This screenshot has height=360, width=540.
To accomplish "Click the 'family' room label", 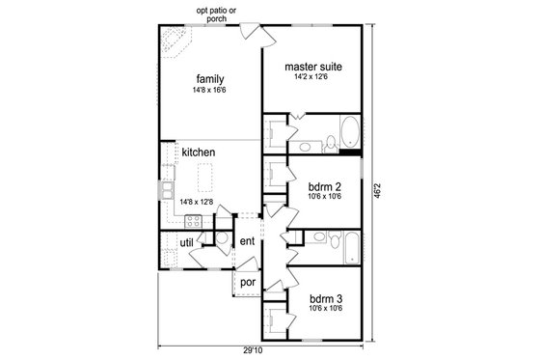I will coord(209,77).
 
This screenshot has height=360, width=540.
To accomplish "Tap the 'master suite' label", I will coord(313,67).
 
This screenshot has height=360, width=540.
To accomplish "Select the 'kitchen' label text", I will coord(197,152).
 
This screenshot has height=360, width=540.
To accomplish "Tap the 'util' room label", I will coord(186,242).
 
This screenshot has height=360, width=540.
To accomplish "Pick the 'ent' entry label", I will coord(246,241).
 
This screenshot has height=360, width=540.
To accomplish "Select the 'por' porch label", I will coord(246,282).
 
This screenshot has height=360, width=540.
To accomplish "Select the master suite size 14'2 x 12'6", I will coord(313,78).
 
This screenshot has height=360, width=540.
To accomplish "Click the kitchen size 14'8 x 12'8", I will coord(197,202).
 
